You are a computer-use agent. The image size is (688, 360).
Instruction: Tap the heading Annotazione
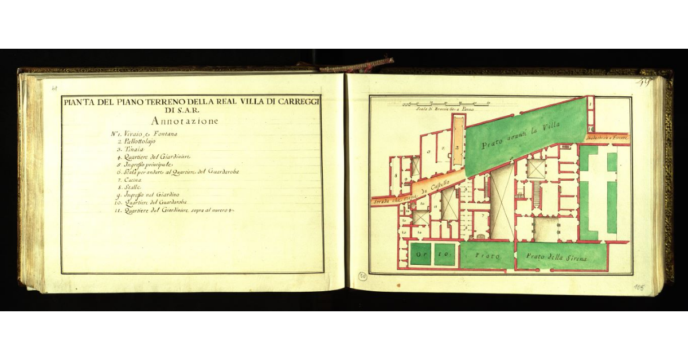pos(185,122)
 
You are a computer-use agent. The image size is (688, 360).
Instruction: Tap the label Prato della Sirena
pos(565,259)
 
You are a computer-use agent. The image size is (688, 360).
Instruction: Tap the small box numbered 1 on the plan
pos(589,104)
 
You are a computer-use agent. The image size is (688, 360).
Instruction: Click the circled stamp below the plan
pos(362,276)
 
